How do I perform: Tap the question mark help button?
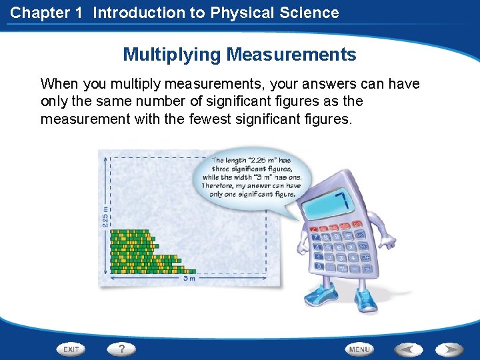click(122, 349)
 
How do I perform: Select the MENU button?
click(359, 349)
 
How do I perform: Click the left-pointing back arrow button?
click(407, 349)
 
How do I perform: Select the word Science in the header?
click(311, 13)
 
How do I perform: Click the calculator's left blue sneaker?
click(318, 296)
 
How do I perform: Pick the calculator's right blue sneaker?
click(366, 302)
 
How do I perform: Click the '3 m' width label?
click(189, 279)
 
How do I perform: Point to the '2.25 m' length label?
click(105, 215)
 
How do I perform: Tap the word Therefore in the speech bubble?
click(222, 186)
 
